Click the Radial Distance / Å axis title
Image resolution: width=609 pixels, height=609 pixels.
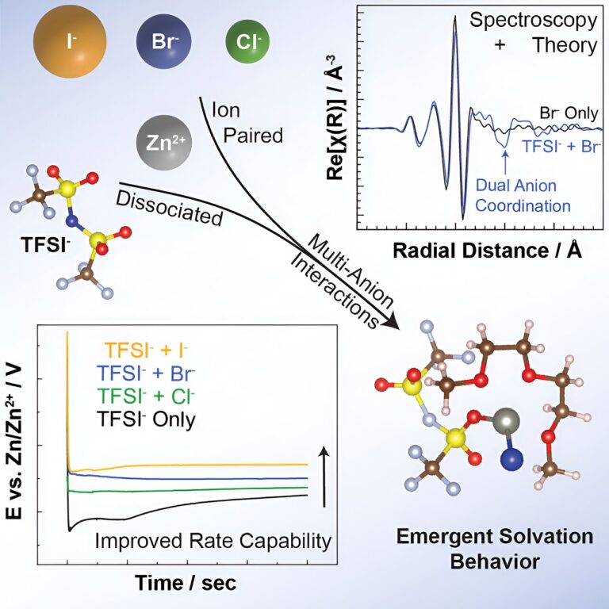point(484,251)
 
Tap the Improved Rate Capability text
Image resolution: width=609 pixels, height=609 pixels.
point(212,542)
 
